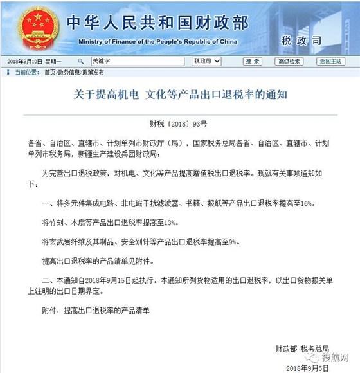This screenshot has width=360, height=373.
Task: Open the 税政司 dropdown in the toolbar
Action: [x=206, y=61]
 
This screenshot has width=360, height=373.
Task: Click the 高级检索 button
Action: [x=289, y=61]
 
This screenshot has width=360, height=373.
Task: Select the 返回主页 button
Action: [x=330, y=61]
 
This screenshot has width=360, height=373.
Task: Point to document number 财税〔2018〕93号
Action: [x=179, y=122]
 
